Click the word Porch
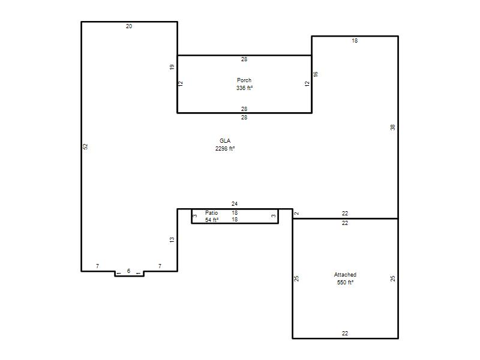[244, 80]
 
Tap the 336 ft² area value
[244, 88]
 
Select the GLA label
[225, 141]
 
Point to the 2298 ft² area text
[225, 148]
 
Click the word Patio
[212, 213]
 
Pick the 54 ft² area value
[212, 220]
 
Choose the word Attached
[345, 275]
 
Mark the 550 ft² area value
[345, 282]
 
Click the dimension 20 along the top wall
[129, 26]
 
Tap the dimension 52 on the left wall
[85, 146]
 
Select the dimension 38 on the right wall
[393, 127]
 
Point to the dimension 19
[172, 67]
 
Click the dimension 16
[316, 74]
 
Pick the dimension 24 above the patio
[235, 204]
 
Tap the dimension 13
[172, 239]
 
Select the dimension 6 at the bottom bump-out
[128, 271]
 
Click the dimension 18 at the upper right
[355, 41]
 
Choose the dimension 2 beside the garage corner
[296, 214]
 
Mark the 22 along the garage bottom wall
[344, 334]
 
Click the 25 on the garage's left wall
[296, 278]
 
